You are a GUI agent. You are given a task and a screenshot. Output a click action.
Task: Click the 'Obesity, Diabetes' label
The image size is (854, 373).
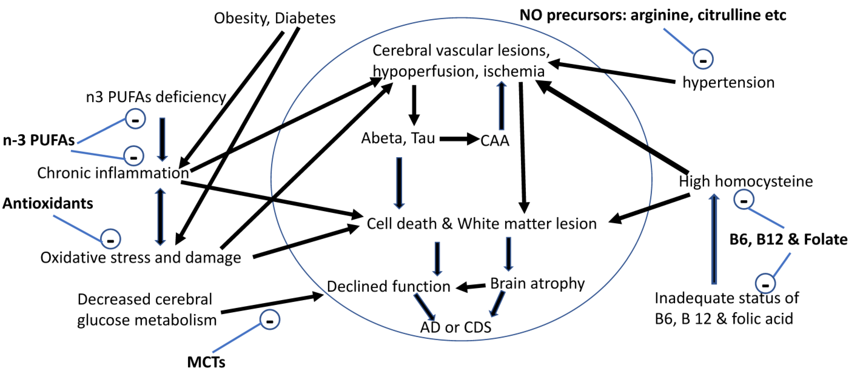(275, 18)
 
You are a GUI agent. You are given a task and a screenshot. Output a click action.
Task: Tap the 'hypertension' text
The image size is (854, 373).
(728, 83)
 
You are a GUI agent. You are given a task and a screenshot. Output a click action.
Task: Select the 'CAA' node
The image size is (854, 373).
(495, 141)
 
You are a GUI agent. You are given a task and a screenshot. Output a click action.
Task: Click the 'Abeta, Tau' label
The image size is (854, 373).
(398, 138)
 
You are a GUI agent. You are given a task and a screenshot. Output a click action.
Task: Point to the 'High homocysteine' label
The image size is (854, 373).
(746, 181)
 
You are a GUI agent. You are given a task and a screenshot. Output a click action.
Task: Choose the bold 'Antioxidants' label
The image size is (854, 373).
(48, 203)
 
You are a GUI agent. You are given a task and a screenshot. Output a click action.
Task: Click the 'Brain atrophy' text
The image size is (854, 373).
(537, 284)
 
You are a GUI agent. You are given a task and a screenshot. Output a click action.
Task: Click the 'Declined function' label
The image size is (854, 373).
(389, 286)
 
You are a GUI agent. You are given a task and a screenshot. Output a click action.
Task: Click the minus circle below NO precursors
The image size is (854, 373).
(703, 59)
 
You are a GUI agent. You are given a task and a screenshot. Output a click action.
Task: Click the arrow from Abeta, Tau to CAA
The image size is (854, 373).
(459, 139)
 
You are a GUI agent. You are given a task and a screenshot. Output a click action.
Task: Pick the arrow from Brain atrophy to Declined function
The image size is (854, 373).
(471, 287)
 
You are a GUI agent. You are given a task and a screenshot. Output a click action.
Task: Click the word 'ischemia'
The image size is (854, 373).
(514, 71)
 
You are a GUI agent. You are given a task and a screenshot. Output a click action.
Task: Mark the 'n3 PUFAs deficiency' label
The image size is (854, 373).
(156, 97)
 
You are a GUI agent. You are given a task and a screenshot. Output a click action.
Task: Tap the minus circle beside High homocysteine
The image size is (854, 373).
(744, 200)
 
